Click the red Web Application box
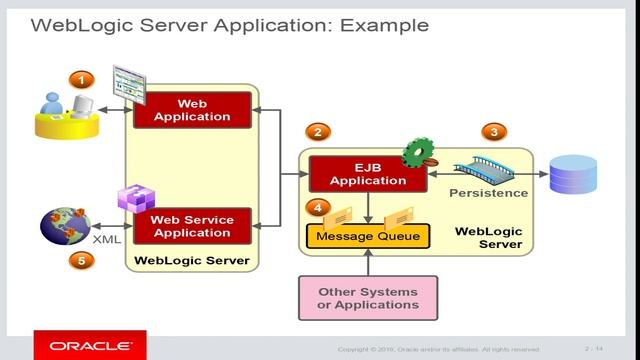pyautogui.click(x=190, y=109)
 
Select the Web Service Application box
pyautogui.click(x=190, y=225)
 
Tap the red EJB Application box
pyautogui.click(x=357, y=174)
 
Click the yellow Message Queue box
pyautogui.click(x=368, y=237)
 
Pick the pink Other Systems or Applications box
pyautogui.click(x=359, y=297)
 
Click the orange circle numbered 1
pyautogui.click(x=80, y=79)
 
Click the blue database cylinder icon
pyautogui.click(x=573, y=175)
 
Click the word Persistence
pyautogui.click(x=488, y=192)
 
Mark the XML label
pyautogui.click(x=107, y=240)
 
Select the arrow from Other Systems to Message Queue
pyautogui.click(x=368, y=262)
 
